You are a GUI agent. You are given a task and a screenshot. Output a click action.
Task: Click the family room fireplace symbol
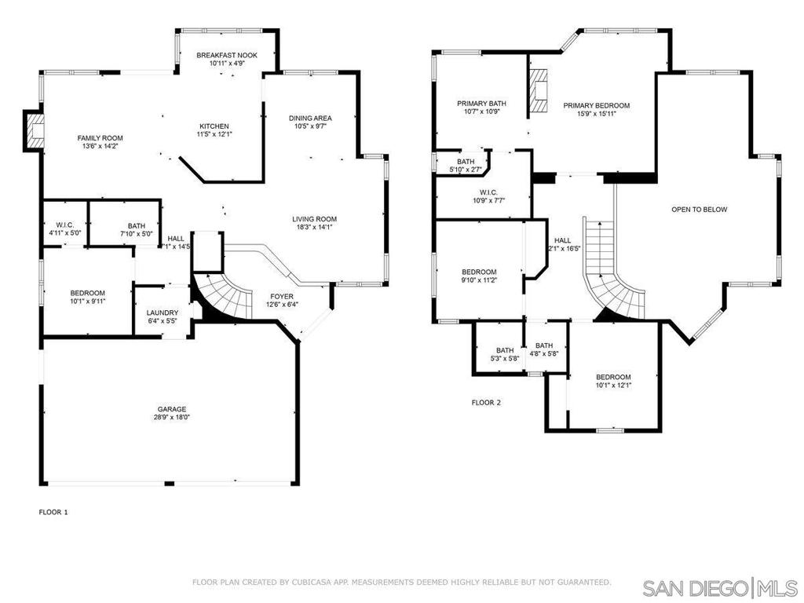click(x=35, y=130)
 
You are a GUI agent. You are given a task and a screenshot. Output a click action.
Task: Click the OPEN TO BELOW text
click(x=699, y=210)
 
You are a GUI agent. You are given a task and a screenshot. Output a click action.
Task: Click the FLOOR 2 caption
click(x=485, y=403)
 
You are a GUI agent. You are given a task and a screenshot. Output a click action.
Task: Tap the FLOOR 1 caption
click(x=53, y=512)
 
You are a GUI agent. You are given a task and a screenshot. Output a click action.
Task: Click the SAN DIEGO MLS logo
click(x=718, y=587)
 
